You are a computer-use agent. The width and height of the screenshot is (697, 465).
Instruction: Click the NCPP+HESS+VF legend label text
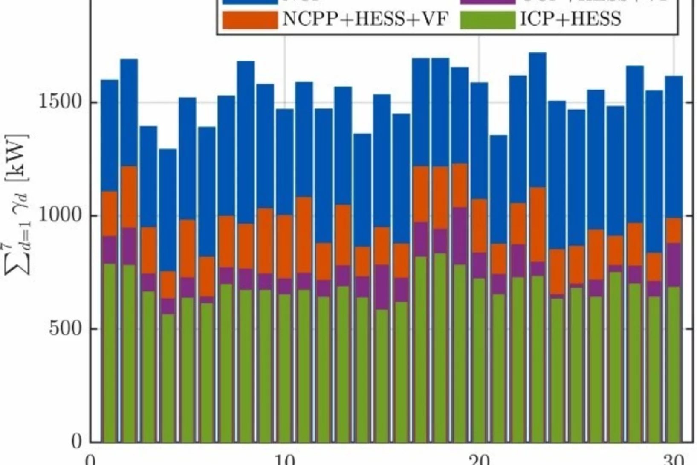365,19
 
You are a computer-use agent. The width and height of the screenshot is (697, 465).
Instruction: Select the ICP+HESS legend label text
570,19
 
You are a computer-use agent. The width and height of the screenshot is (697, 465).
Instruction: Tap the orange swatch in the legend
250,20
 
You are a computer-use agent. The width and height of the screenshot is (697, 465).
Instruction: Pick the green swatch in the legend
488,20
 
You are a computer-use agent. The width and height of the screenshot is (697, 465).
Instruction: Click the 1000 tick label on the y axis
60,215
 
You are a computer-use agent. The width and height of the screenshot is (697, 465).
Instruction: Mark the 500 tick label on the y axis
65,328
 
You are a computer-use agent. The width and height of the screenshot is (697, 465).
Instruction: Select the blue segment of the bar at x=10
285,162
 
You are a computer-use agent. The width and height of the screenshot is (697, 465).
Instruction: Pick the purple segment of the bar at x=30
674,264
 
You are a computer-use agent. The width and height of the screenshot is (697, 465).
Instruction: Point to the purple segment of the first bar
110,250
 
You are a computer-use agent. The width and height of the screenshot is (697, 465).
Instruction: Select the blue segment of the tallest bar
538,119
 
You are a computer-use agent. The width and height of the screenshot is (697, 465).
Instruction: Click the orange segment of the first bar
110,213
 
